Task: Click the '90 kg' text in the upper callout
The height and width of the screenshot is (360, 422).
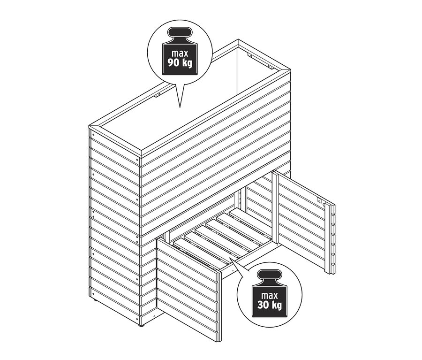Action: click(180, 63)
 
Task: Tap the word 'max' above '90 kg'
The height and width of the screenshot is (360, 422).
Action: click(180, 53)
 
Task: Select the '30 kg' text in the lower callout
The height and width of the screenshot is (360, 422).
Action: click(270, 305)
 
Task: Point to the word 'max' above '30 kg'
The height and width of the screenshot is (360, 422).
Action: click(270, 295)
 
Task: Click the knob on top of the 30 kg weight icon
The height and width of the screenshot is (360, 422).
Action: click(270, 275)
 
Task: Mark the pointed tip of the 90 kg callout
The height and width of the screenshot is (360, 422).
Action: click(180, 107)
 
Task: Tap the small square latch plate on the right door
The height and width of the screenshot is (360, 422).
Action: click(319, 200)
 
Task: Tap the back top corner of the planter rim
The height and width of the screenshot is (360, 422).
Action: click(238, 40)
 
